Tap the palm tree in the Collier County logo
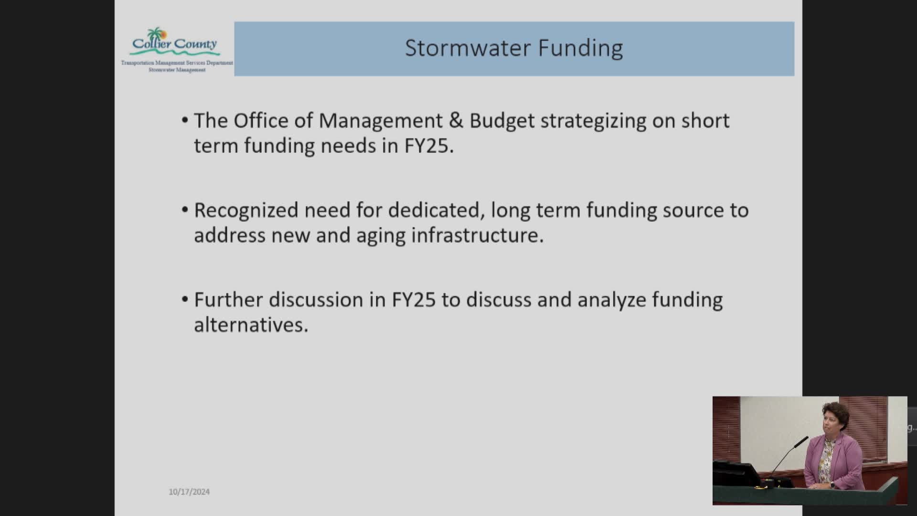tap(155, 35)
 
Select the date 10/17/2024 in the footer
tap(189, 492)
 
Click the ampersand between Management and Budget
tap(456, 120)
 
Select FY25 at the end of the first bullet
tap(429, 146)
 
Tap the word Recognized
tap(246, 211)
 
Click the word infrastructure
tap(477, 235)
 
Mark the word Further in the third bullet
tap(228, 300)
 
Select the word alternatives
tap(251, 325)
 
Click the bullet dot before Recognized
tap(185, 210)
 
